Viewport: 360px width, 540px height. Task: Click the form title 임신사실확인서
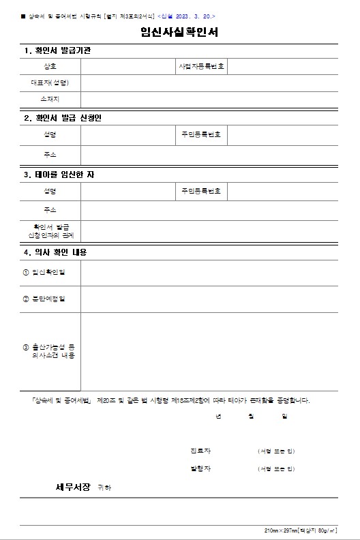[x=179, y=33]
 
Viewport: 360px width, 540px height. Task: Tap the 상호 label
[x=50, y=67]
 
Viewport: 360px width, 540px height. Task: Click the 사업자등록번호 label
[x=202, y=67]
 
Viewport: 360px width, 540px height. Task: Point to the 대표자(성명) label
[x=50, y=83]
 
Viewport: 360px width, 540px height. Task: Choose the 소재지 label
[x=50, y=100]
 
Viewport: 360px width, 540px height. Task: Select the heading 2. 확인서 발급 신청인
[x=63, y=118]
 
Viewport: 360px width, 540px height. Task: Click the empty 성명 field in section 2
[x=127, y=135]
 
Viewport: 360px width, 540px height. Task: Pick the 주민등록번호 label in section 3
[x=201, y=191]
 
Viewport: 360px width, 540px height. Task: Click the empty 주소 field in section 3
[x=209, y=210]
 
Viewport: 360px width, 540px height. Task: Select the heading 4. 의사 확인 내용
[x=55, y=252]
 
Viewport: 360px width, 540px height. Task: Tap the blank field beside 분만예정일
[x=209, y=299]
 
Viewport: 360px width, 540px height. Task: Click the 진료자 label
[x=200, y=451]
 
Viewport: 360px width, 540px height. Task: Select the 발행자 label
[x=200, y=468]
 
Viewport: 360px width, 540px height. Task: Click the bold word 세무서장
[x=73, y=487]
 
